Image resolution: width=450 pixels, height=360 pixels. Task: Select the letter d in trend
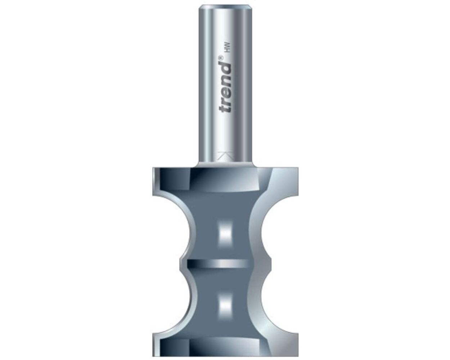point(225,68)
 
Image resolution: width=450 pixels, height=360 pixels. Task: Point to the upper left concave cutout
point(169,228)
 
